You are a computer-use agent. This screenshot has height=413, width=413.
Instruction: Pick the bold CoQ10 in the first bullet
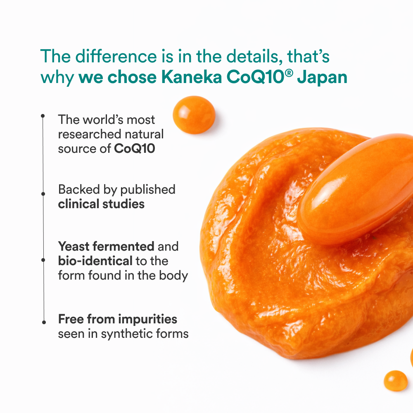click(135, 149)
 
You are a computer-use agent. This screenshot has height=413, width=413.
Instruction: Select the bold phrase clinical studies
click(101, 204)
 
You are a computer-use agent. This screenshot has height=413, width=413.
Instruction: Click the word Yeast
click(74, 247)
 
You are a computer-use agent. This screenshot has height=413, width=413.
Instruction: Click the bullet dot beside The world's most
click(43, 116)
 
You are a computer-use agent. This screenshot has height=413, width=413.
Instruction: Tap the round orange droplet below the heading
click(194, 115)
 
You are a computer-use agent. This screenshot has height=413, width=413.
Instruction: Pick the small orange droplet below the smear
click(396, 380)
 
